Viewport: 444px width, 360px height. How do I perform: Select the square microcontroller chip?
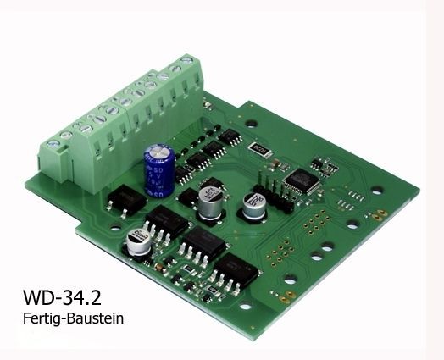coord(299,179)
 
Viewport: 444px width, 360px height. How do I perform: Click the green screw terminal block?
coord(123,111)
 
